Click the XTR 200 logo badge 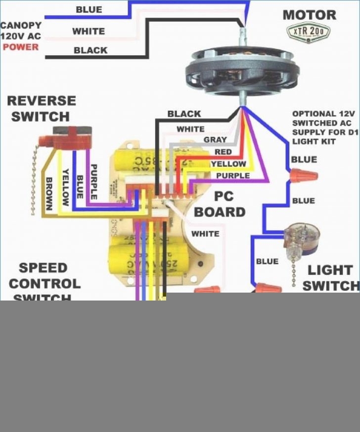[309, 33]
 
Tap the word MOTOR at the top [310, 14]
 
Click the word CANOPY [20, 25]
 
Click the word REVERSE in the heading [42, 101]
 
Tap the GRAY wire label [215, 140]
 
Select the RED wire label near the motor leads [223, 152]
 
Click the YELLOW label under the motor [228, 164]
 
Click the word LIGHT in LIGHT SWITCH [330, 270]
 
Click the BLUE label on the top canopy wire [89, 10]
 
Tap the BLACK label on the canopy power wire [90, 50]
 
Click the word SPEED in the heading [43, 268]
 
